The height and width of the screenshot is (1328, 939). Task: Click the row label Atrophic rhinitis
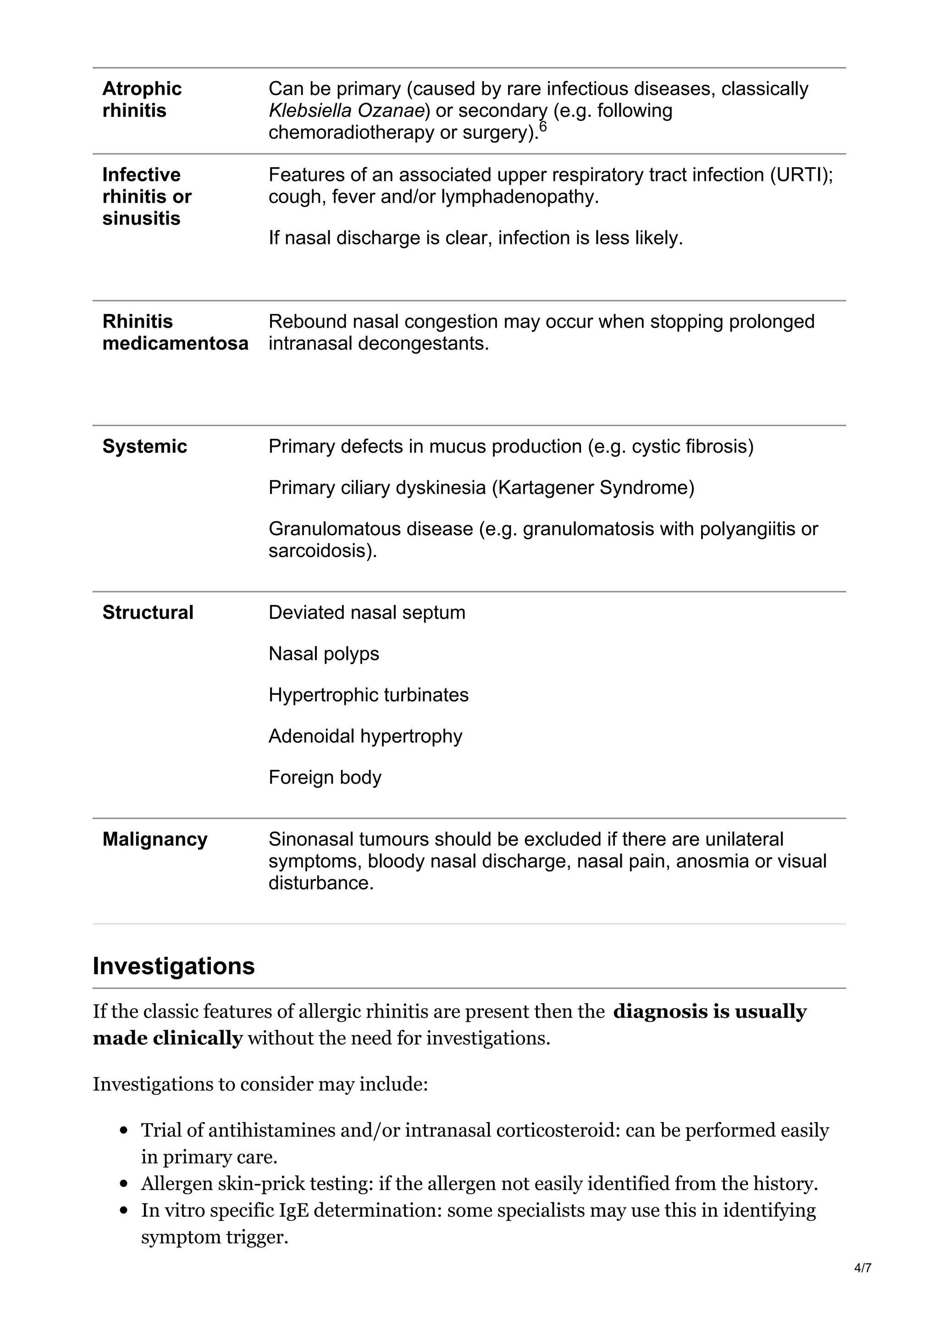[x=142, y=99]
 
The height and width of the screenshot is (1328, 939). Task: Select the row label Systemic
[x=144, y=446]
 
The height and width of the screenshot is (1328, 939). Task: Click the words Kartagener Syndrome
[x=592, y=488]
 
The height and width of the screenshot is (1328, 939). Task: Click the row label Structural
[x=148, y=613]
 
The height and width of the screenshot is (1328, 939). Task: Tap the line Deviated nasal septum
[x=367, y=613]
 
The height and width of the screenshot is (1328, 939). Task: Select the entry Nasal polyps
[x=323, y=653]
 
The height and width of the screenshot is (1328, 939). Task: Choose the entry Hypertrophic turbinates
[x=368, y=695]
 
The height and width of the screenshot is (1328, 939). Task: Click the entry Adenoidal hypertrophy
[x=365, y=736]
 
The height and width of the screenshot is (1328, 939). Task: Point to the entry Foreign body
[x=325, y=777]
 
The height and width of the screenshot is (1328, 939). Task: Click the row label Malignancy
[x=155, y=839]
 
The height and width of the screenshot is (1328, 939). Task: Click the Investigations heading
[x=174, y=966]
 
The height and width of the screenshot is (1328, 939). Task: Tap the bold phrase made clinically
[x=167, y=1038]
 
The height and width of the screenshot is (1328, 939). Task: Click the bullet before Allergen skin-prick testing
[x=123, y=1184]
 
